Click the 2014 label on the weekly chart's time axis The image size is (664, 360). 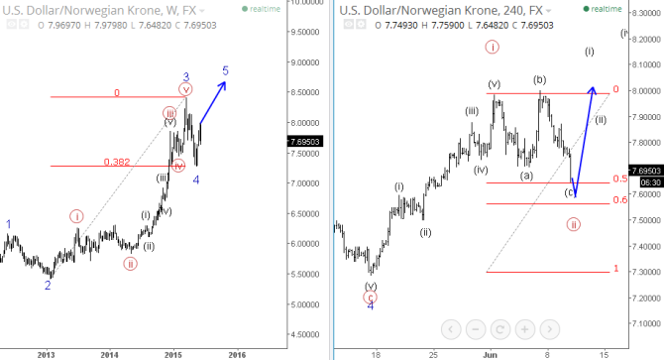109,353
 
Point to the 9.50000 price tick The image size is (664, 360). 303,31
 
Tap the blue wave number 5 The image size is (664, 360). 225,71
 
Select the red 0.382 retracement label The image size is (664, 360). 117,161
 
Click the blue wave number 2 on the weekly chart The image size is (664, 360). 47,286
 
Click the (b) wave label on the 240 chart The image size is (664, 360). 540,79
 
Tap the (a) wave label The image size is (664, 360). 527,175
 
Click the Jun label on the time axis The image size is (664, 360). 490,353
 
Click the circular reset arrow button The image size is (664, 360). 499,328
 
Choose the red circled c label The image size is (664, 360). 371,296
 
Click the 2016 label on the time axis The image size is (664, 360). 237,353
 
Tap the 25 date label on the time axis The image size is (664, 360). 433,353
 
